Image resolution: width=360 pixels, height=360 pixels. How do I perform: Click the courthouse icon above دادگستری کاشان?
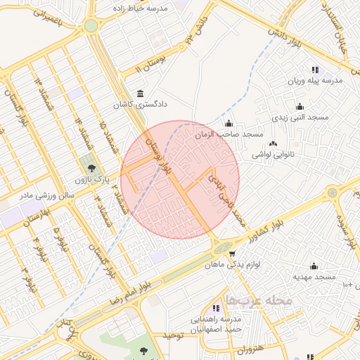[x=141, y=94]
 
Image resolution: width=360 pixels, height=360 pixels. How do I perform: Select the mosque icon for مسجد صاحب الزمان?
[x=228, y=124]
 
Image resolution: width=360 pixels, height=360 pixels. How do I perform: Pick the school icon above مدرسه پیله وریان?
[x=314, y=70]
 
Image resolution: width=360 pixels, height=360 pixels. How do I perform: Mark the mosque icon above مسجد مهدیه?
[x=314, y=266]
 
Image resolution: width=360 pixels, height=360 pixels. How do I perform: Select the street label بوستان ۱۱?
[x=150, y=60]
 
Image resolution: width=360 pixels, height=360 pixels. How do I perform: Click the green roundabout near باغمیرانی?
[x=91, y=27]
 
